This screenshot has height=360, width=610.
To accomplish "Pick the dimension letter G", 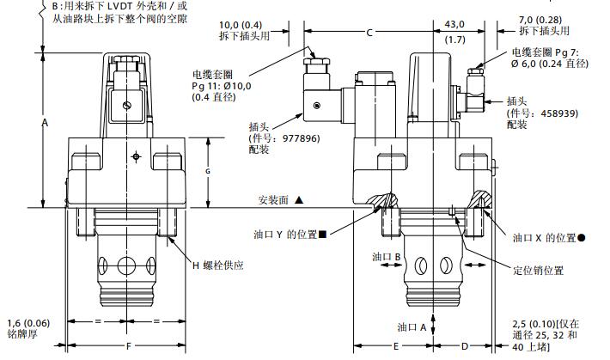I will tap(207, 171).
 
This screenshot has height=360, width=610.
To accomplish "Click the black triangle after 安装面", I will tap(299, 199).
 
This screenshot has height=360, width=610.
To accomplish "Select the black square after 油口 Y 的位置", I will tap(322, 234).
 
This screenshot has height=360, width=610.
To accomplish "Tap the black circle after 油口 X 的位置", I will tap(582, 236).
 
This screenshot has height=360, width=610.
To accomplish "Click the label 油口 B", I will tap(387, 257).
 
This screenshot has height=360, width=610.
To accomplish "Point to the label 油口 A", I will tap(412, 326).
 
